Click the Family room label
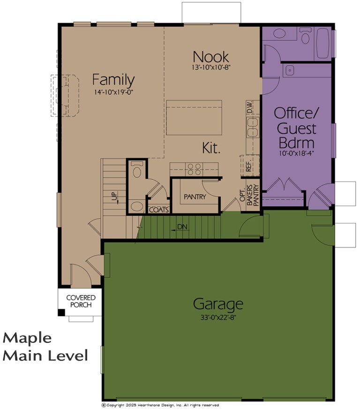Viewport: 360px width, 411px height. click(x=113, y=80)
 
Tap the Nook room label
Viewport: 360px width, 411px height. click(x=211, y=57)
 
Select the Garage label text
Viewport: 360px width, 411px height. click(x=218, y=304)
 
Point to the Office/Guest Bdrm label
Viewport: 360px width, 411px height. click(x=295, y=127)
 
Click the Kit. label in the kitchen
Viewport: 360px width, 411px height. click(x=211, y=148)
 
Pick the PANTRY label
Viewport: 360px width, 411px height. click(x=195, y=197)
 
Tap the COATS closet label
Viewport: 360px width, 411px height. click(x=159, y=210)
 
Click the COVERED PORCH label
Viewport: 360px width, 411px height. click(x=81, y=301)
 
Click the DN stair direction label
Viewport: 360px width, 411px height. click(x=182, y=227)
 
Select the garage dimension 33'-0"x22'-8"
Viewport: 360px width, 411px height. click(x=218, y=318)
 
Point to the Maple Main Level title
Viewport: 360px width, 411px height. click(x=45, y=347)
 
